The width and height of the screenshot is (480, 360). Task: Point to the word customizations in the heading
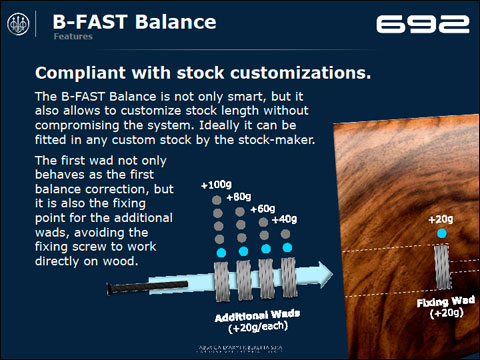[305, 73]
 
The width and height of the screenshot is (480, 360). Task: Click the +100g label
[217, 186]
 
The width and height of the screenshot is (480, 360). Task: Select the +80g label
[241, 198]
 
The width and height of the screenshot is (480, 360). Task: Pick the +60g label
[263, 209]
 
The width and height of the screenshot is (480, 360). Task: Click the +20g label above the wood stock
[441, 218]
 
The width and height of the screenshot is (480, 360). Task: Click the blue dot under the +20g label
[441, 235]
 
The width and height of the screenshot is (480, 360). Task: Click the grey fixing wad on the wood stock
[441, 267]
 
